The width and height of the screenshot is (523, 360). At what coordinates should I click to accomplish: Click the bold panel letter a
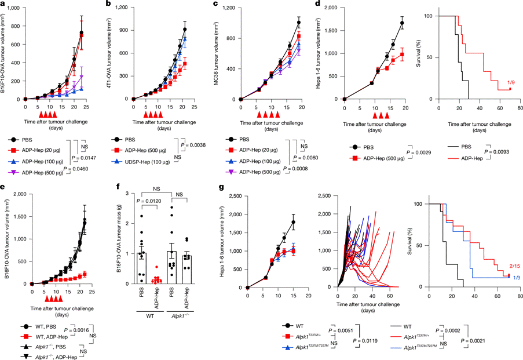tap(3, 4)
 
